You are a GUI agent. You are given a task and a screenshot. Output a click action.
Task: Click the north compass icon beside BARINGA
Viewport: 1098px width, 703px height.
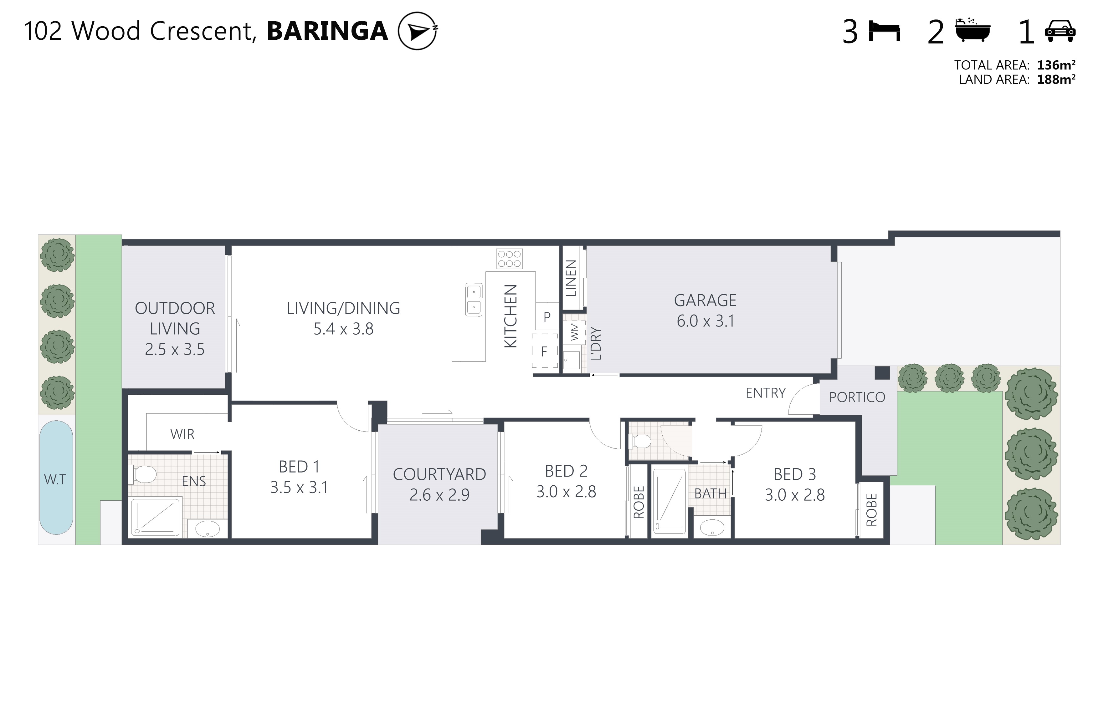[418, 31]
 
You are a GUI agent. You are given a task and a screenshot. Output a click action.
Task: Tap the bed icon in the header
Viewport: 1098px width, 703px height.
[885, 31]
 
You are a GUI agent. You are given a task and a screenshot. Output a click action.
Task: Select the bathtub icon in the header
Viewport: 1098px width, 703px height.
[973, 30]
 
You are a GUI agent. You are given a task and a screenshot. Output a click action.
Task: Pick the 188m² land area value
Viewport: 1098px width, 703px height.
[1056, 79]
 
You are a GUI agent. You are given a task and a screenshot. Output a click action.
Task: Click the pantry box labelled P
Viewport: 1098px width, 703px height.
[547, 316]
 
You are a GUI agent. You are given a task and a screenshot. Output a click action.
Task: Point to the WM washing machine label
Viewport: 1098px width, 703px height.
[575, 331]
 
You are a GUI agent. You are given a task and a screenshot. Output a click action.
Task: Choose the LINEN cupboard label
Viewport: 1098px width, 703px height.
[571, 278]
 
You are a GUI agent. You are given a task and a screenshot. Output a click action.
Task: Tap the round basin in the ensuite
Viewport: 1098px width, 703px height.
[208, 529]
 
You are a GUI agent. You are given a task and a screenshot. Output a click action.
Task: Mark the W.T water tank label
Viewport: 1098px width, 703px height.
[55, 479]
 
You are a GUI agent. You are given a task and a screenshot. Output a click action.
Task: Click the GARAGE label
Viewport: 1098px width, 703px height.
[705, 301]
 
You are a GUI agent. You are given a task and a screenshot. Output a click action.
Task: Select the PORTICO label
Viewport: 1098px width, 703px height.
[857, 397]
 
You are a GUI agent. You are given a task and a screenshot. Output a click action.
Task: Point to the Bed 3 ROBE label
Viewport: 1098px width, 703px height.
[872, 509]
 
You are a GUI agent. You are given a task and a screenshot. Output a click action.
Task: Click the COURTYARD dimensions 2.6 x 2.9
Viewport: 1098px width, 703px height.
[439, 495]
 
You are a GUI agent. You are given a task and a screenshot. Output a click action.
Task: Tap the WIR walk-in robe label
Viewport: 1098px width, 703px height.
[182, 434]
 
